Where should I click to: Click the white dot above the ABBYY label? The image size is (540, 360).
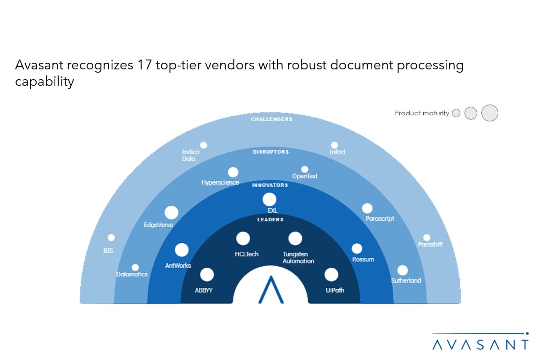(x=207, y=275)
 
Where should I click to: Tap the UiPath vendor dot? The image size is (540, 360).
(x=331, y=275)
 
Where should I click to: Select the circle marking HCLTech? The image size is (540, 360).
(x=243, y=239)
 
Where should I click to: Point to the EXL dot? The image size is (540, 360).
(x=270, y=199)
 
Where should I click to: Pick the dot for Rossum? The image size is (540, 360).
(x=357, y=248)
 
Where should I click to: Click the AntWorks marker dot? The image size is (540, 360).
(x=181, y=250)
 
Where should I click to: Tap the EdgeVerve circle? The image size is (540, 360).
(x=172, y=212)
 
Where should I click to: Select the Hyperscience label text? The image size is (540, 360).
(x=220, y=182)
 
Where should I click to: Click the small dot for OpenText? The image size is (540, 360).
(x=305, y=169)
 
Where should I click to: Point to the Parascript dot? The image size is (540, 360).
(x=367, y=209)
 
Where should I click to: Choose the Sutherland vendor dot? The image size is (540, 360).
(x=403, y=270)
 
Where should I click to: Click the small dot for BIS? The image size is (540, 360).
(x=111, y=238)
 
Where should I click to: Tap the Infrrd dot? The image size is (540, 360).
(x=334, y=145)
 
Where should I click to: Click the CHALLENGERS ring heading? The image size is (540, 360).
(x=271, y=119)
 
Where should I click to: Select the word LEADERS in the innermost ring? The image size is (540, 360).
(x=270, y=219)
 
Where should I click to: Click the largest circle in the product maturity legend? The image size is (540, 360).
(x=490, y=113)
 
